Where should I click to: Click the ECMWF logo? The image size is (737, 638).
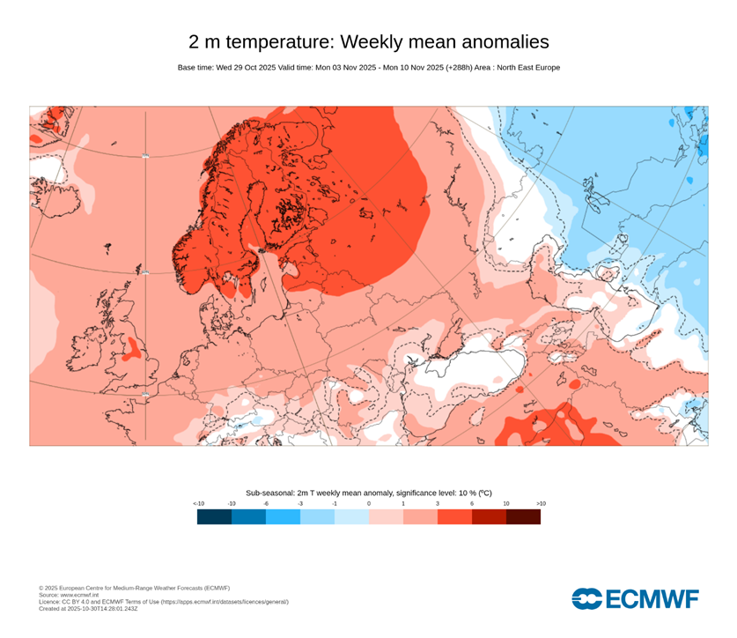635,599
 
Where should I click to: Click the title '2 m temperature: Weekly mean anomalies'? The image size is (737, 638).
368,41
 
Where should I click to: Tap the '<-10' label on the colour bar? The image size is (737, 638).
199,503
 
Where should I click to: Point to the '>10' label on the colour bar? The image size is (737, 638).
541,503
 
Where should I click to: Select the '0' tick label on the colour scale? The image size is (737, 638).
369,503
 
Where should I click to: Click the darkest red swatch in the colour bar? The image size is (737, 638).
523,516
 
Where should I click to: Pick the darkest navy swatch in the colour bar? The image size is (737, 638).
214,516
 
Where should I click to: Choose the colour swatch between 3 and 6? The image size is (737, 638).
454,516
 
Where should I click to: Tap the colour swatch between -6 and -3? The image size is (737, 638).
283,516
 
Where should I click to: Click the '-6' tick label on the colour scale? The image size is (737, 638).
266,503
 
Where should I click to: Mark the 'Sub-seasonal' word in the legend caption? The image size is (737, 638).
267,493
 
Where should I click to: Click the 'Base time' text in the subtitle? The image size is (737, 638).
195,68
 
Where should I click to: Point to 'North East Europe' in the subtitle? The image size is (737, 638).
525,68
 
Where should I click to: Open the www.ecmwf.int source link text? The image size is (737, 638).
83,595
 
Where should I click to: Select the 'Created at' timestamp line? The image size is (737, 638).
88,608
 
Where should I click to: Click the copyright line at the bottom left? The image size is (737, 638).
134,588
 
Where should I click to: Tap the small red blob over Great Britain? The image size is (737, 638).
131,349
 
